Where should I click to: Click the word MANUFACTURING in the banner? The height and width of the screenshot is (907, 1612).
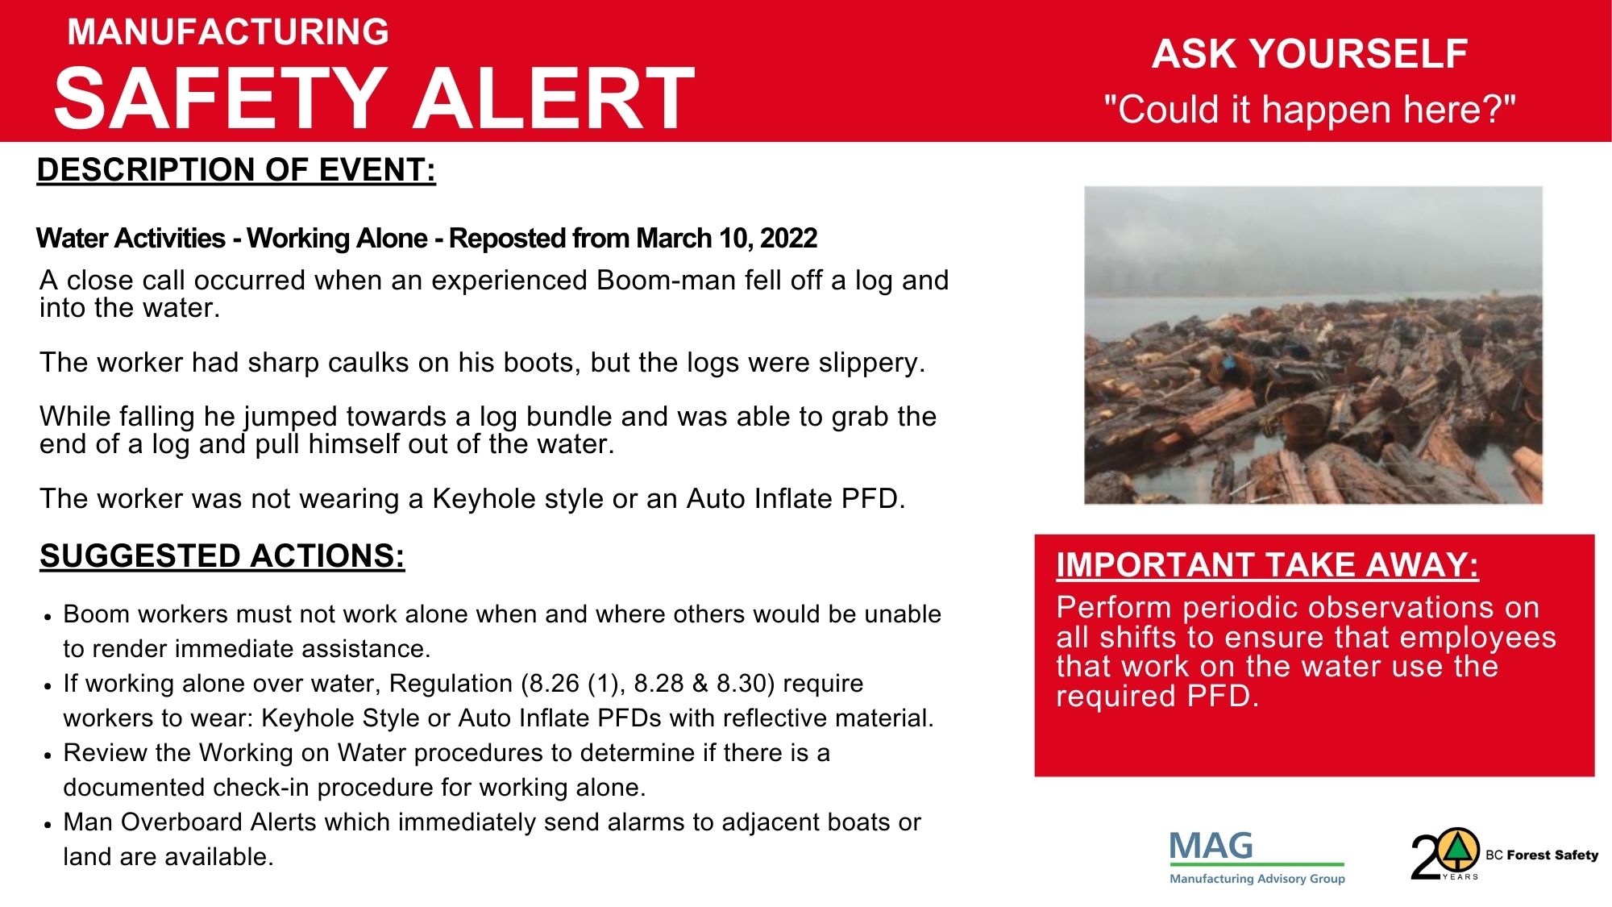point(228,32)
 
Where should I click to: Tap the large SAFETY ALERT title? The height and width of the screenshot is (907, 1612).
point(374,98)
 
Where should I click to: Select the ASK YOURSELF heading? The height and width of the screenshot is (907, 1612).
point(1310,54)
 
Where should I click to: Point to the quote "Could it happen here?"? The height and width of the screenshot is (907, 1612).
point(1310,109)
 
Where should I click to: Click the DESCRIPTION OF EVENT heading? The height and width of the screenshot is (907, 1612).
point(236,170)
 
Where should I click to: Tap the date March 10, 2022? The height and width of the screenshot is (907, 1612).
point(726,239)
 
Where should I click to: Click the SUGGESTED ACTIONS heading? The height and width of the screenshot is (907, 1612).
point(222,556)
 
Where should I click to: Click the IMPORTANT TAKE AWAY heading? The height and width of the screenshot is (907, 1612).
point(1267,565)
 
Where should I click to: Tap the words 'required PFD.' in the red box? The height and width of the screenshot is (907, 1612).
point(1157,696)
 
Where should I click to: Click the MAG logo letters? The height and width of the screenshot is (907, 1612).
point(1211,846)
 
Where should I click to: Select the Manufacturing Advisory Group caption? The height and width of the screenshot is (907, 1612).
point(1257,879)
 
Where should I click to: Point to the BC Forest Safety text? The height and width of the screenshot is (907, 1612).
point(1542,855)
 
